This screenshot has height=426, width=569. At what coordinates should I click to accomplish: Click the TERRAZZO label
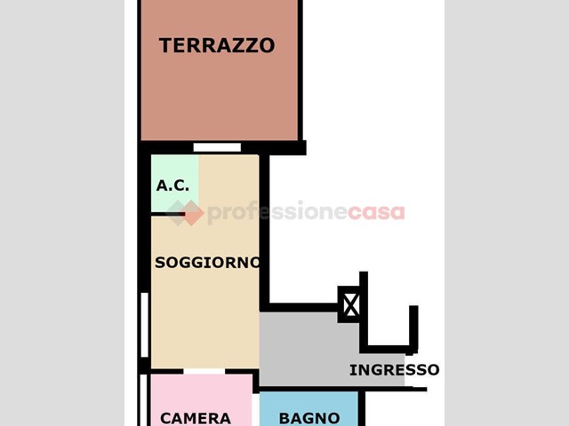point(217,45)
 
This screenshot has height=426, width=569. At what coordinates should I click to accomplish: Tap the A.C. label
point(172,185)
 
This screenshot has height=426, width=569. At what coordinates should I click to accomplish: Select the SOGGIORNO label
point(207,263)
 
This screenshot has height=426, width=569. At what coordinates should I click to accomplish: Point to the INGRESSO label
point(395,370)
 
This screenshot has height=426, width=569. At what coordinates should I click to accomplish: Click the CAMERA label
point(196,418)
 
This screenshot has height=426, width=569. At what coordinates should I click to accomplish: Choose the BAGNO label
point(309,418)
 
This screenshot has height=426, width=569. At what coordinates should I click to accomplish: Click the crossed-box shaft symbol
point(350,304)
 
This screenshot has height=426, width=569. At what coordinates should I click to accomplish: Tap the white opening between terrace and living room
point(217,147)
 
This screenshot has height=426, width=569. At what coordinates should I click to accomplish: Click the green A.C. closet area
point(174,183)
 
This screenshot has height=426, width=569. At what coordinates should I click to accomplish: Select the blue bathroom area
point(309,409)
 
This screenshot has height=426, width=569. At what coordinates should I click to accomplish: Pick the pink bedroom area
point(202,400)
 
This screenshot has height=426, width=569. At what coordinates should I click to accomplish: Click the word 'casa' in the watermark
point(376,213)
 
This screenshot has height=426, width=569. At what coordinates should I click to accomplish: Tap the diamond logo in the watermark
point(185,213)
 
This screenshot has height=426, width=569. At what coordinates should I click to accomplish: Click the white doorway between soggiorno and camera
point(204,371)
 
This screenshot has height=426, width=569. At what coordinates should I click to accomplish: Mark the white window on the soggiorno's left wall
point(144,325)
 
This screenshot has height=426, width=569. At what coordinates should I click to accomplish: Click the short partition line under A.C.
point(168,214)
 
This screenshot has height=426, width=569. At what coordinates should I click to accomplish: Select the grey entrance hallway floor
point(319,350)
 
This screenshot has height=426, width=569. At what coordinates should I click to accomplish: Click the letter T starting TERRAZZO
point(165,45)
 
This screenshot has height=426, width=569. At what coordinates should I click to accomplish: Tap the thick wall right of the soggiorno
point(265,232)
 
